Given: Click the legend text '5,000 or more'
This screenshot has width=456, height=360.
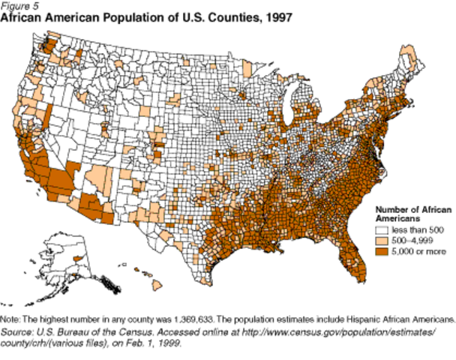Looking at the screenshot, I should tap(416, 252).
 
